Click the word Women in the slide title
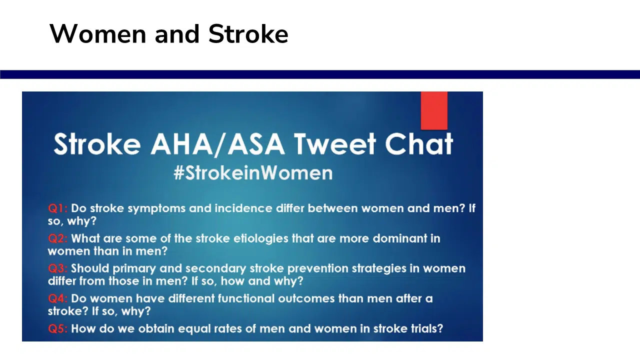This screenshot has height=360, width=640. point(97,34)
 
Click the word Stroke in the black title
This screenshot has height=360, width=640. point(248,34)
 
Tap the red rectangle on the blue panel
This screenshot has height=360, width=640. point(434,110)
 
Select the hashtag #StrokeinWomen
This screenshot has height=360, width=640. point(253,173)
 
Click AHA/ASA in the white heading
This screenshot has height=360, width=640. point(217,144)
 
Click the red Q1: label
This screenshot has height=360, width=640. point(57,208)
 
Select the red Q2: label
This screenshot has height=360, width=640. point(57,238)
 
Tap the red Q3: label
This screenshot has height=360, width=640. point(57,268)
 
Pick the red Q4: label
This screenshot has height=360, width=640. point(57,298)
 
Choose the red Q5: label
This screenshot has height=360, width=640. point(57,328)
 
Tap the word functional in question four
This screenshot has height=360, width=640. point(246,298)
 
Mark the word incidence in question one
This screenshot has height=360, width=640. point(243,208)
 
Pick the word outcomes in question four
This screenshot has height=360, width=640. point(306,298)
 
